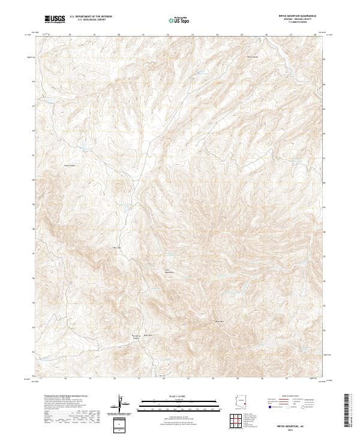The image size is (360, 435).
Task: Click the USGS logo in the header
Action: click(x=55, y=19)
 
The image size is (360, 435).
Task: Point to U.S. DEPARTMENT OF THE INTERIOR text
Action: click(x=91, y=17)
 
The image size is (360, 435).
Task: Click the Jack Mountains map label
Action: click(x=169, y=271)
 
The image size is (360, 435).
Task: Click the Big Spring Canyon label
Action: click(x=136, y=337)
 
